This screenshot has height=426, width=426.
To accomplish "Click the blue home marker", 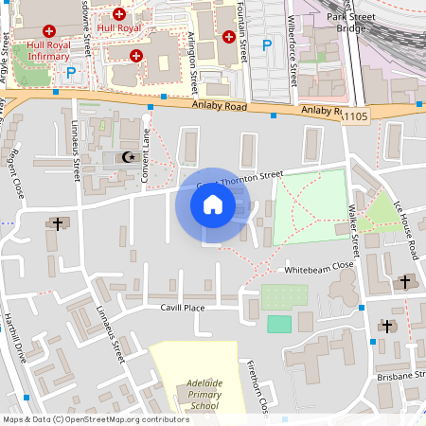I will click(x=213, y=204).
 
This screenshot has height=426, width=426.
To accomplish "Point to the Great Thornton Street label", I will click(x=242, y=177).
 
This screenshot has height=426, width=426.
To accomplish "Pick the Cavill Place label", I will click(x=183, y=308).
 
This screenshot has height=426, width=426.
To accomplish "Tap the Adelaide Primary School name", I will click(x=197, y=394).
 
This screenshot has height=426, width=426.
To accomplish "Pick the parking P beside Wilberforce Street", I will click(x=267, y=44).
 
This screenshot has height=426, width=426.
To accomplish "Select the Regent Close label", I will click(x=15, y=167).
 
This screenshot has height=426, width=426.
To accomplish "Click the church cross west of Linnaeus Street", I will click(x=58, y=224).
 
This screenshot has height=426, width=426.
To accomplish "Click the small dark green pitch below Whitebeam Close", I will click(x=279, y=324).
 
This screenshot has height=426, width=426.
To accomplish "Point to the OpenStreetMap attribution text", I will click(x=96, y=419).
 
